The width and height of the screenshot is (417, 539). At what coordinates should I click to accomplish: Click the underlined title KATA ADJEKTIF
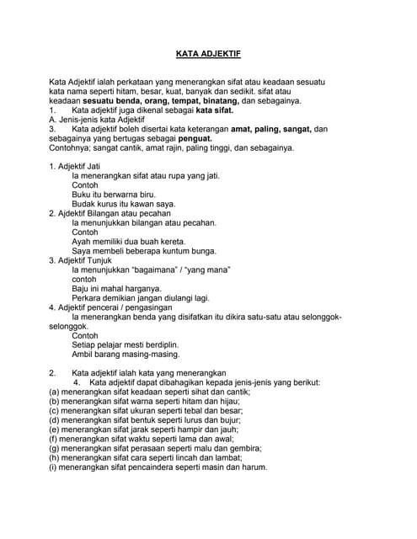(207, 53)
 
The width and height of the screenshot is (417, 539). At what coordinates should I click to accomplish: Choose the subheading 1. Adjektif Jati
(75, 166)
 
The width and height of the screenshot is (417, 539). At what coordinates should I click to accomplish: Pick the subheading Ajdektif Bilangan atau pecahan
(109, 213)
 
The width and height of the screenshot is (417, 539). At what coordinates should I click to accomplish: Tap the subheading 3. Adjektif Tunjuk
(80, 260)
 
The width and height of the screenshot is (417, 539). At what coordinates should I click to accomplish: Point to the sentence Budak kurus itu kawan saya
(124, 204)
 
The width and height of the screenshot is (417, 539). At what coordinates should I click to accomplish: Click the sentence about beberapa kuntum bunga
(144, 251)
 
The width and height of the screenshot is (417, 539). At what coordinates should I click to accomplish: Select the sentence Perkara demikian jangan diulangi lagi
(142, 298)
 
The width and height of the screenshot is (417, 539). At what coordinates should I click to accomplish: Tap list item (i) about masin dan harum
(158, 467)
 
